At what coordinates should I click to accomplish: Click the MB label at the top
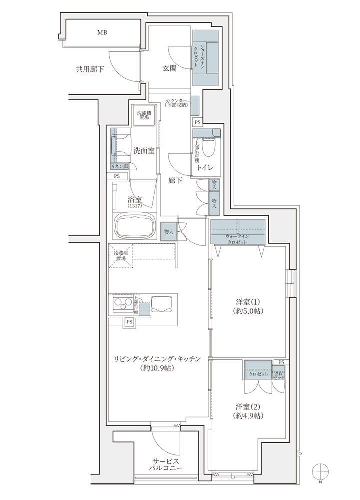pos(102,33)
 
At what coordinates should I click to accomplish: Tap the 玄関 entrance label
pos(169,69)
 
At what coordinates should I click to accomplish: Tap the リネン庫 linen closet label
pos(120,166)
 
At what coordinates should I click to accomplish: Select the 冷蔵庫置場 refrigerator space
pos(122,256)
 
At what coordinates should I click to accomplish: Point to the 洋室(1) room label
pos(250,302)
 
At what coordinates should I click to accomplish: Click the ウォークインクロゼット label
pos(237,238)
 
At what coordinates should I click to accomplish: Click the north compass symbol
pos(320,472)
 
